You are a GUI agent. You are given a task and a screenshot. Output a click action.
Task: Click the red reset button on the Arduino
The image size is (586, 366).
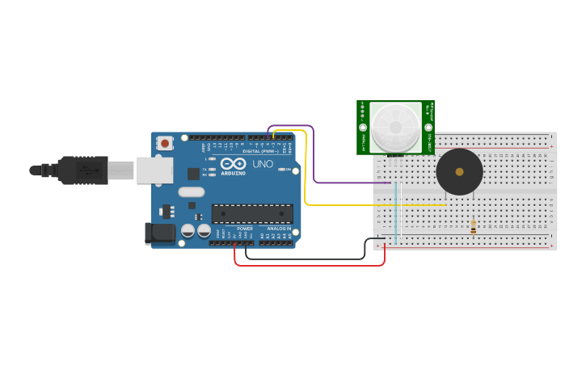165,143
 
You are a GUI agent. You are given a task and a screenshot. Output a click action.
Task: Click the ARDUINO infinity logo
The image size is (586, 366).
233,163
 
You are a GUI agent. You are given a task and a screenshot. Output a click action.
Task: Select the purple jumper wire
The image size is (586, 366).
348,183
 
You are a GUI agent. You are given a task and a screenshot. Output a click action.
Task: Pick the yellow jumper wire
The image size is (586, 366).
364,205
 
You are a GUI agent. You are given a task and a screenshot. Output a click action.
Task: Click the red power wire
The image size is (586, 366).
307,265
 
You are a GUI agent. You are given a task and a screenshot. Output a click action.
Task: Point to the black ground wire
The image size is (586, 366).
307,259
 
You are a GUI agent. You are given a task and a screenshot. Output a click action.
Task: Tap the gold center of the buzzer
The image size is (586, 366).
459,171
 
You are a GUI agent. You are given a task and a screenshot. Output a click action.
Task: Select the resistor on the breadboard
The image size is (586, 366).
473,227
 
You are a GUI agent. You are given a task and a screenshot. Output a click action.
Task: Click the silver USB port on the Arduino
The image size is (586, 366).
155,170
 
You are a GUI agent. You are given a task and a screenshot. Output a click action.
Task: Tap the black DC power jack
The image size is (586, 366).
160,233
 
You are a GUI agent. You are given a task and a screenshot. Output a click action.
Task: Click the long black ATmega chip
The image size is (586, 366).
252,213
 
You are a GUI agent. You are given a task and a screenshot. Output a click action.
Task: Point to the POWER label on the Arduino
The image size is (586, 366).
246,229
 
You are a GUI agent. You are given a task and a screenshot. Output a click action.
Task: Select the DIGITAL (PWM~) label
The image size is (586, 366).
261,151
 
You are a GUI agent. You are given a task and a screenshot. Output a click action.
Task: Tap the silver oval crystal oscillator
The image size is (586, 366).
192,192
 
